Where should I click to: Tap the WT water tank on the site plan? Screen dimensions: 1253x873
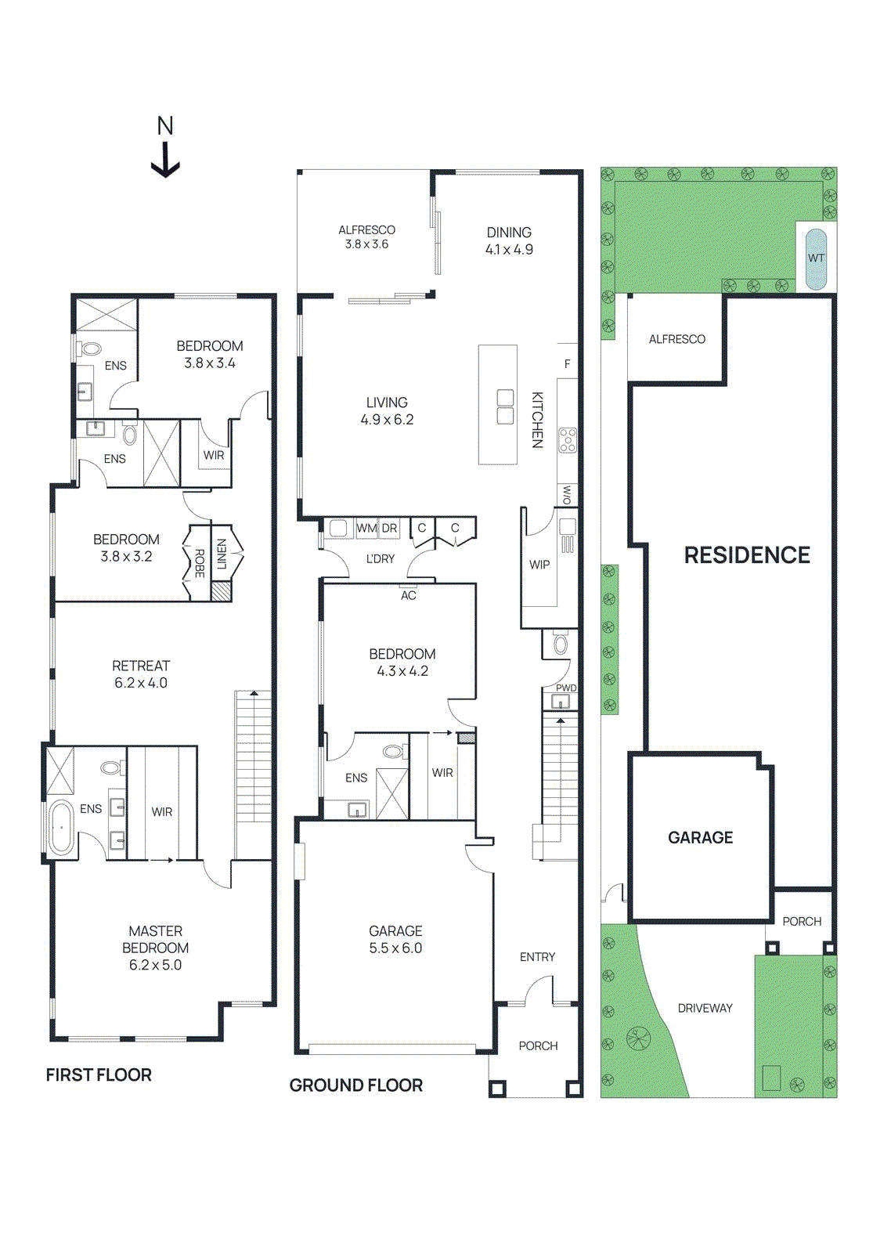click(x=816, y=258)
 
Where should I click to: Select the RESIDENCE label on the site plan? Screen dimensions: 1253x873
click(x=747, y=555)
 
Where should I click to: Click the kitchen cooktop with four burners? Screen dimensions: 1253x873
click(x=568, y=440)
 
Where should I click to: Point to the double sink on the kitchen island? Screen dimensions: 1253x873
click(x=505, y=406)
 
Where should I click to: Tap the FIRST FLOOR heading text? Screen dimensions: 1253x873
click(x=99, y=1075)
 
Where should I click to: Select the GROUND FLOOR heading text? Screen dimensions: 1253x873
click(x=356, y=1085)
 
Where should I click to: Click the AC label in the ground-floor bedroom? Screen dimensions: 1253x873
click(x=409, y=596)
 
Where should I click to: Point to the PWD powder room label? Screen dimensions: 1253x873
click(x=566, y=688)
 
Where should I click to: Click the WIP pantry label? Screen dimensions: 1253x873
click(x=539, y=565)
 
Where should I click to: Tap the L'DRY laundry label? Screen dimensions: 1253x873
click(x=381, y=558)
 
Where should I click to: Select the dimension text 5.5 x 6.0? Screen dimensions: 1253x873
click(x=395, y=948)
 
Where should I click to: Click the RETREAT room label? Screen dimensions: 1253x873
click(x=141, y=666)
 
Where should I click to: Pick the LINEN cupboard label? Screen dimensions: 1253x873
click(x=222, y=554)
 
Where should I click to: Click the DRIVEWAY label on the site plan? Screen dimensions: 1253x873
click(x=705, y=1008)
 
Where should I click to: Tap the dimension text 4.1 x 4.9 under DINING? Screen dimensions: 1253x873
click(x=509, y=250)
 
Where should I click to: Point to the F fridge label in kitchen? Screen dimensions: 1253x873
click(x=568, y=364)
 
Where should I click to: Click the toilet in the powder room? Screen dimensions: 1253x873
click(x=560, y=645)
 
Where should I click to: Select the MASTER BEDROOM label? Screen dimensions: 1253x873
click(x=155, y=939)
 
